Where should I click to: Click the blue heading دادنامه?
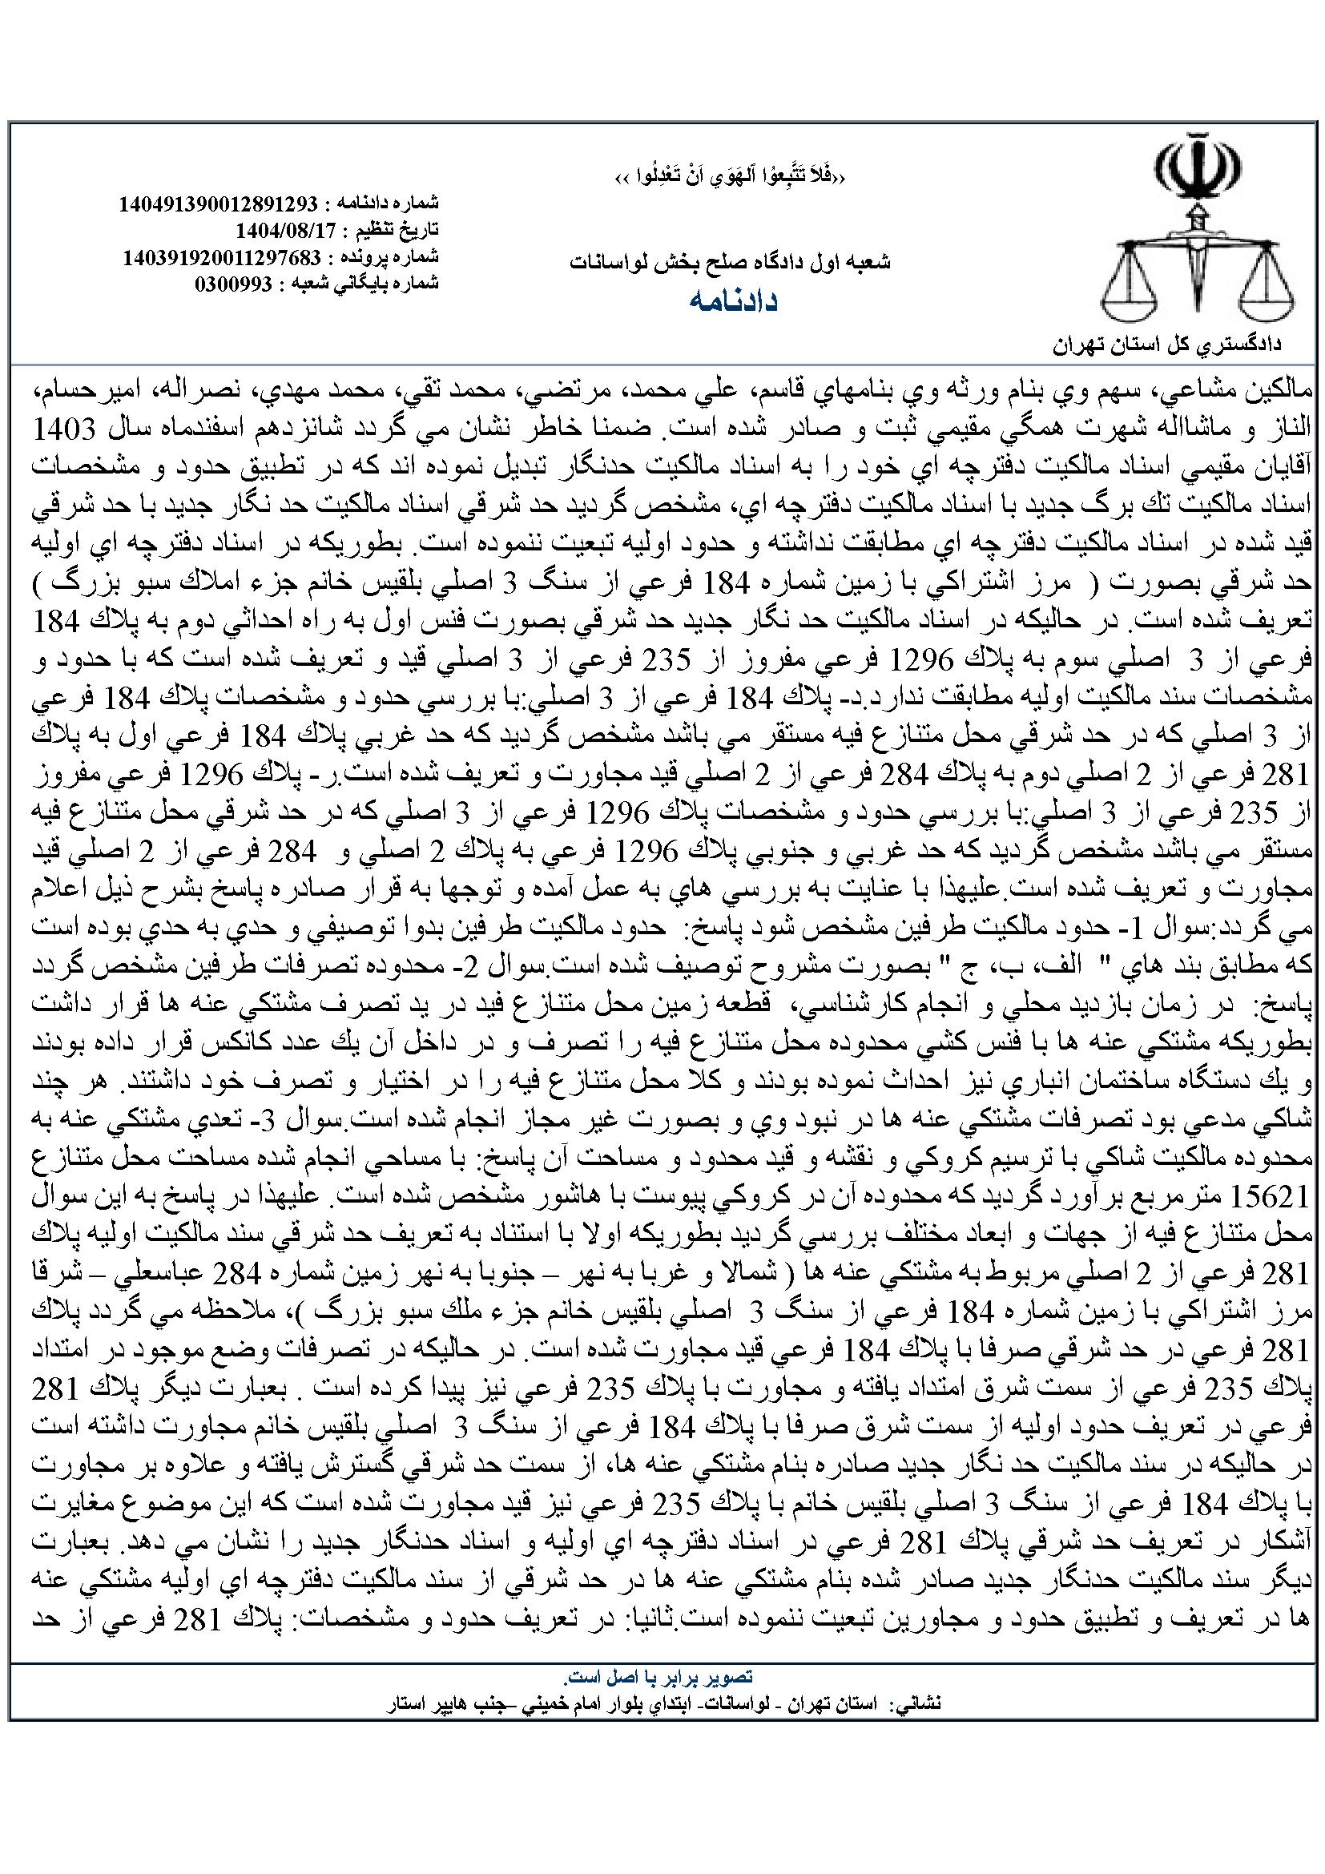click(x=732, y=301)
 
